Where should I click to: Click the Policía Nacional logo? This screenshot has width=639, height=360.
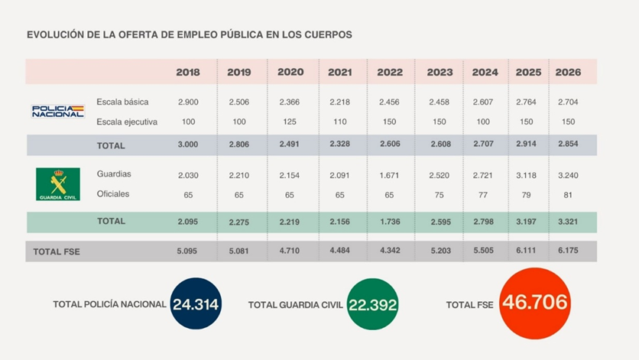[x=57, y=112]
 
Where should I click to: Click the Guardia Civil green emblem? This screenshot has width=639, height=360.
[x=57, y=184]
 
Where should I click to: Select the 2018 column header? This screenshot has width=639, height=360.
[x=188, y=73]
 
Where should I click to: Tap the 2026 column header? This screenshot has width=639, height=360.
[x=568, y=73]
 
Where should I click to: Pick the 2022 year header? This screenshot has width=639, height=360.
[x=390, y=73]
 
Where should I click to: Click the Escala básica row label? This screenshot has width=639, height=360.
[x=122, y=102]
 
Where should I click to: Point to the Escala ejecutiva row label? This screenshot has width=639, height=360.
[x=127, y=122]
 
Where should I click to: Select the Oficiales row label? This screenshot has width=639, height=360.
[x=113, y=194]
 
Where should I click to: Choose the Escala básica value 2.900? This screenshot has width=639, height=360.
[x=188, y=102]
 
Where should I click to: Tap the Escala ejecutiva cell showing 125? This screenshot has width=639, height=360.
[x=290, y=122]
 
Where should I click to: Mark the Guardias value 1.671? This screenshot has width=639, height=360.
[x=390, y=175]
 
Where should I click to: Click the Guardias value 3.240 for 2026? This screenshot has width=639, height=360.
[x=568, y=175]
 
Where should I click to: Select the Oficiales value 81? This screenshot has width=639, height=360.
[x=568, y=195]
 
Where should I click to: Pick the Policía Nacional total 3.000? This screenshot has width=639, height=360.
[x=188, y=145]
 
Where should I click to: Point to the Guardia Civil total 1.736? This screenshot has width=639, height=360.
[x=390, y=222]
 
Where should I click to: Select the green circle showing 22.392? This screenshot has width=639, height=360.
[x=373, y=304]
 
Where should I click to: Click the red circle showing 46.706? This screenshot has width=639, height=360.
[x=535, y=303]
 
